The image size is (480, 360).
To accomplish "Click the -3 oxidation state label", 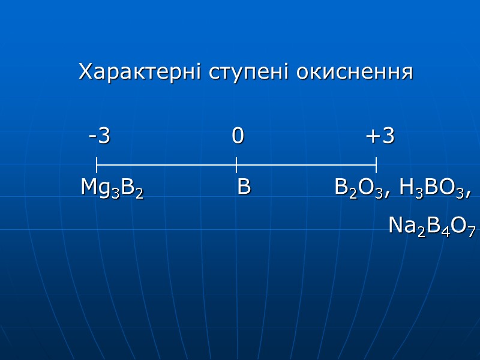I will (x=100, y=136).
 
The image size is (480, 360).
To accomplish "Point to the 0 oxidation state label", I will (x=238, y=136).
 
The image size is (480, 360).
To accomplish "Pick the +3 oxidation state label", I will (x=380, y=136).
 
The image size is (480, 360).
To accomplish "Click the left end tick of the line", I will (x=97, y=164).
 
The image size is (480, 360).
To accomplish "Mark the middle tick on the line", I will (x=236, y=164).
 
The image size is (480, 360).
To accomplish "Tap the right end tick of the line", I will (x=376, y=164).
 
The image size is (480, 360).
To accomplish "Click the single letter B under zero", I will (x=244, y=188).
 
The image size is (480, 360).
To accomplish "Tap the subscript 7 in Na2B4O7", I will (x=472, y=231).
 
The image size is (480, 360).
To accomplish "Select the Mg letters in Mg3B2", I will (x=95, y=188).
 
